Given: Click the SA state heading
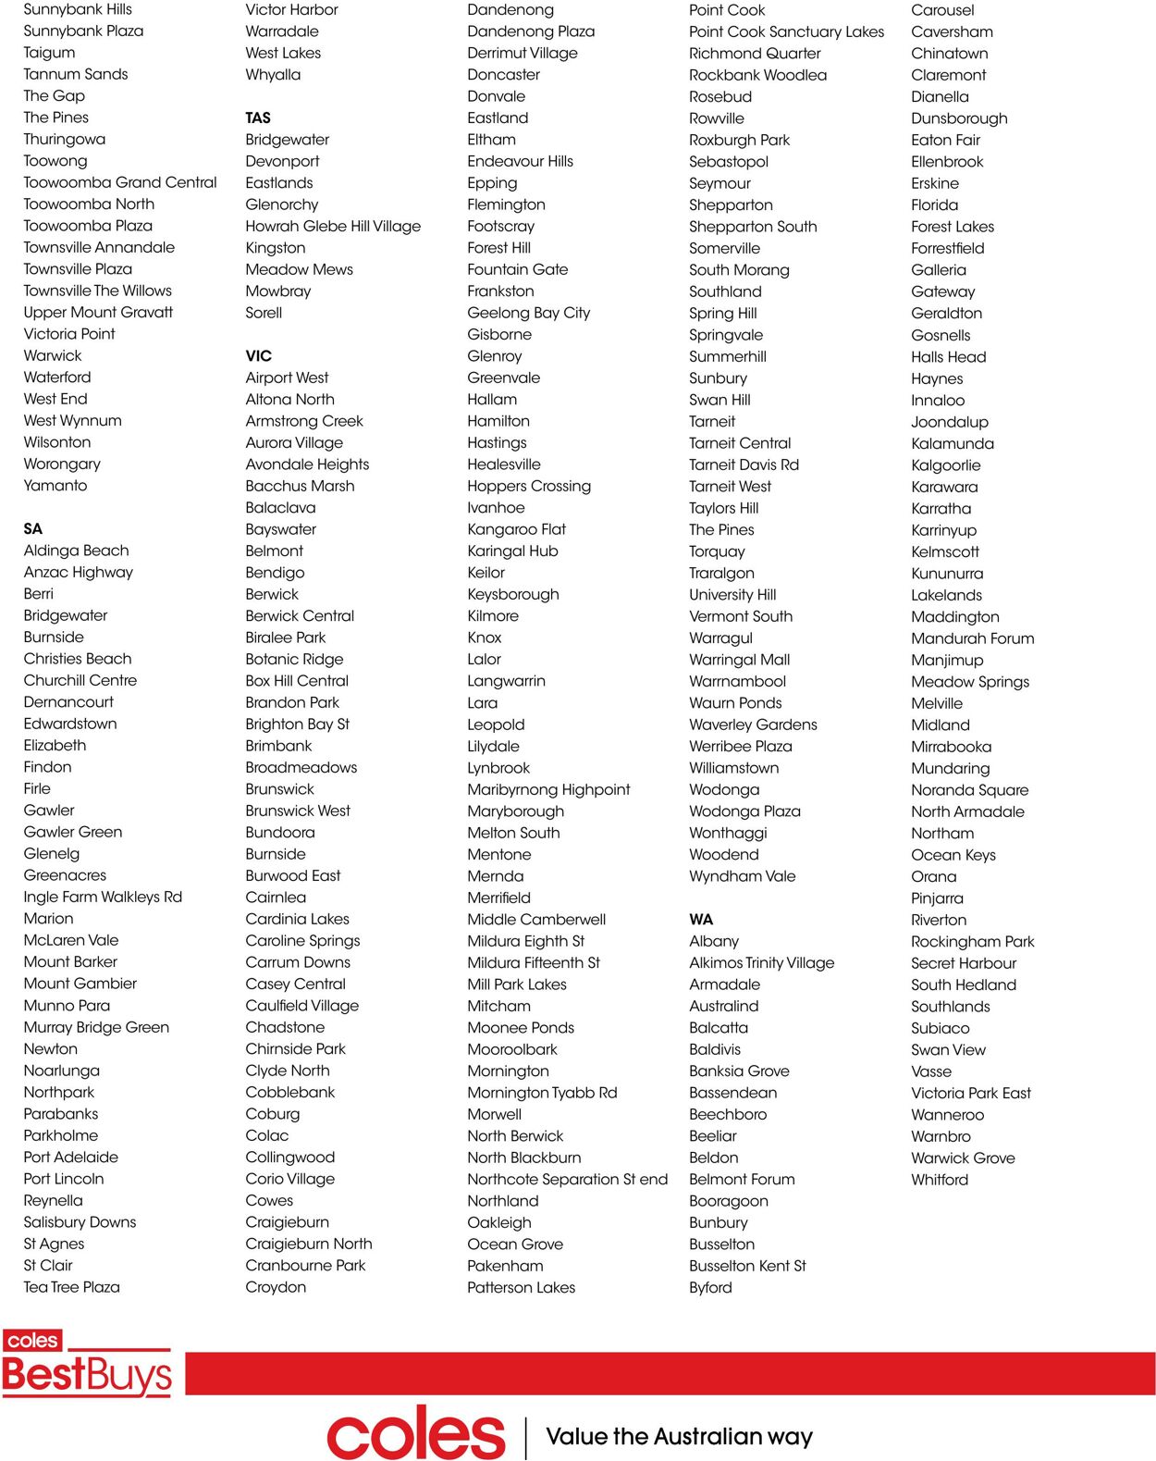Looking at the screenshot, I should [33, 529].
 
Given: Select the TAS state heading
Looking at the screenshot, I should [258, 118].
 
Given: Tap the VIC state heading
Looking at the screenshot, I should [259, 356].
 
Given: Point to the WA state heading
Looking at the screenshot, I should [701, 920].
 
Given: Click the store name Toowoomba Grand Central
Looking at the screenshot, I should [120, 182].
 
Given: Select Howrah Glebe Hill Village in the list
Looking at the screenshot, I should [333, 226].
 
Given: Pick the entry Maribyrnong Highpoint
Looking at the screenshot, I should [548, 789].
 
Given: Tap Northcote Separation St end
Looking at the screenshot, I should [567, 1179].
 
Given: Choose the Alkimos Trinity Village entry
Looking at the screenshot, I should [761, 962].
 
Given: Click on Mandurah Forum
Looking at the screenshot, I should [972, 638].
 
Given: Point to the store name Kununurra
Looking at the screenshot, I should [947, 574].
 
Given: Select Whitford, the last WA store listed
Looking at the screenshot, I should [940, 1180].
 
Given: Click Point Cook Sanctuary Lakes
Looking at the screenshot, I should [786, 31].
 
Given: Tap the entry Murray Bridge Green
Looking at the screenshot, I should [96, 1027].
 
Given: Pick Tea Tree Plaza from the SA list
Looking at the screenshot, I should [71, 1287].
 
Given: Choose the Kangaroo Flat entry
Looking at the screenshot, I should [516, 529].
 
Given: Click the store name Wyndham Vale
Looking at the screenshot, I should [742, 876].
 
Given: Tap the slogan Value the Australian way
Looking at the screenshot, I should [679, 1436].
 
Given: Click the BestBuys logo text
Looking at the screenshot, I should [87, 1375].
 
